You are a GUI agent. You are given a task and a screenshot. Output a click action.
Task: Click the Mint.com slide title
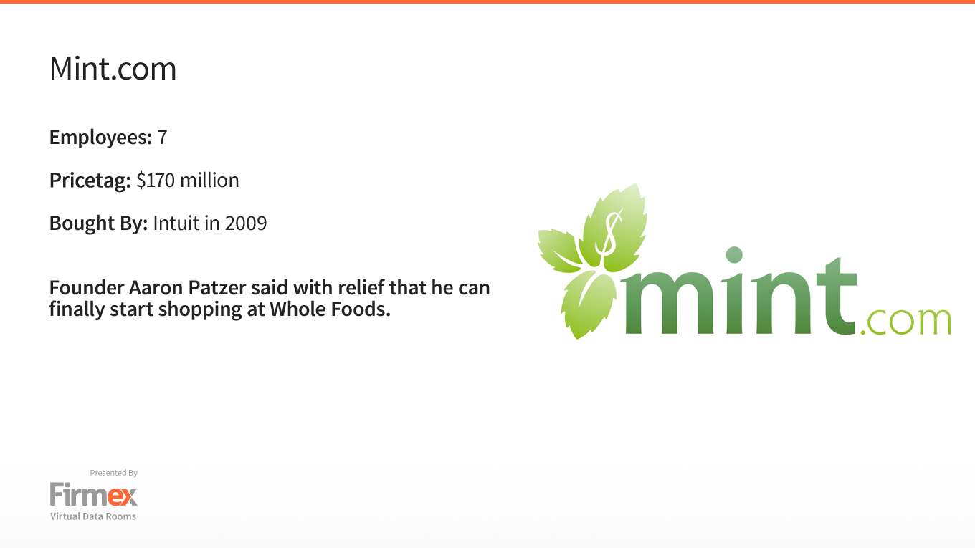pyautogui.click(x=113, y=69)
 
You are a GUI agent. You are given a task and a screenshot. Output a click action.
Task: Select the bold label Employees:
pyautogui.click(x=100, y=138)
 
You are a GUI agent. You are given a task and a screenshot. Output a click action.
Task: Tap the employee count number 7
pyautogui.click(x=162, y=138)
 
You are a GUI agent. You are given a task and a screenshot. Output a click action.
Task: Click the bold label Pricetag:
pyautogui.click(x=90, y=181)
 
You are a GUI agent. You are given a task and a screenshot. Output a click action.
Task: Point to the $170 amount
pyautogui.click(x=156, y=180)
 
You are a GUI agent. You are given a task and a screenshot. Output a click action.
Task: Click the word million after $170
pyautogui.click(x=209, y=180)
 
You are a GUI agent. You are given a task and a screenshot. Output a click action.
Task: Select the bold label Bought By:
pyautogui.click(x=98, y=223)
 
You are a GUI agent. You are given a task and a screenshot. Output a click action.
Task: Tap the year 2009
pyautogui.click(x=245, y=223)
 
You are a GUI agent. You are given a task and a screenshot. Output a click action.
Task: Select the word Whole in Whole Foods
pyautogui.click(x=298, y=309)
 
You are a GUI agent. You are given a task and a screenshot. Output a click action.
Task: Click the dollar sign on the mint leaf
pyautogui.click(x=609, y=234)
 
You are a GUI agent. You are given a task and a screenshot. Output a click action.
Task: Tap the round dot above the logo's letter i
pyautogui.click(x=734, y=255)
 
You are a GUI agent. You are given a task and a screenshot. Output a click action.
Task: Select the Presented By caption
pyautogui.click(x=113, y=473)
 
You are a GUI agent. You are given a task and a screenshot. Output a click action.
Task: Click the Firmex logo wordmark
pyautogui.click(x=94, y=494)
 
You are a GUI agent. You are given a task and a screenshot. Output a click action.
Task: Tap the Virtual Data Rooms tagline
pyautogui.click(x=93, y=516)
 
